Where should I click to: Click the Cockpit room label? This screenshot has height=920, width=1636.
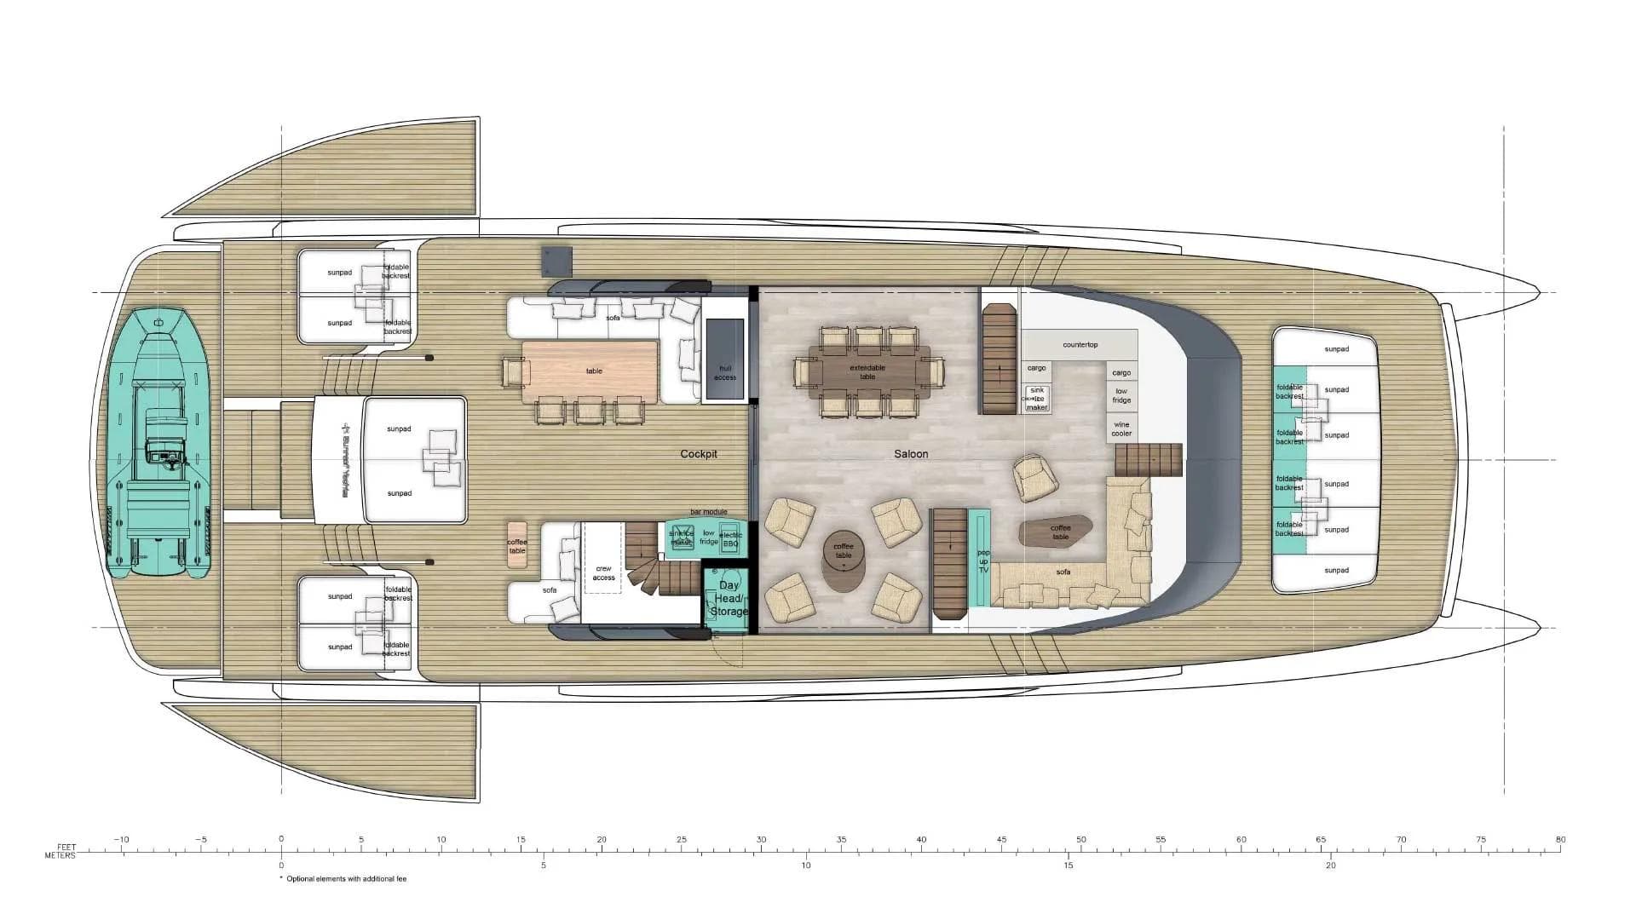tap(699, 454)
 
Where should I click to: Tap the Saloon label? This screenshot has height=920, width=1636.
tap(911, 454)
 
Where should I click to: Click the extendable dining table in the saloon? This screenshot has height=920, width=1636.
tap(867, 372)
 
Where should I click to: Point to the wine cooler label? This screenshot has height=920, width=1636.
tap(1121, 428)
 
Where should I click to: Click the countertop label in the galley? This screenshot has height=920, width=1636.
tap(1080, 345)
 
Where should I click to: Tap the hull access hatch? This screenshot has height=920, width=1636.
tap(725, 358)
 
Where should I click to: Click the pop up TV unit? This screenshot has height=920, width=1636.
tap(983, 559)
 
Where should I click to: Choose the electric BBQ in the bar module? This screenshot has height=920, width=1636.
tap(731, 539)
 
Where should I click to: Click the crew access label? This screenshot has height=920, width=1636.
tap(603, 572)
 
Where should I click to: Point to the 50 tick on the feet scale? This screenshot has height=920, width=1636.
tap(1081, 840)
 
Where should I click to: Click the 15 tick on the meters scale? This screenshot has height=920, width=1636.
tap(1069, 865)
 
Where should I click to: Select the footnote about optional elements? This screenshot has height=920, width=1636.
tap(345, 879)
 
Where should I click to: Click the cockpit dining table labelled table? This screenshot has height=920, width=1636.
tap(593, 371)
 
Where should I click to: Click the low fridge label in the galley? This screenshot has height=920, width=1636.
tap(1121, 395)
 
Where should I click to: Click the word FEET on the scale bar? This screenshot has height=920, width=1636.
tap(66, 847)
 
